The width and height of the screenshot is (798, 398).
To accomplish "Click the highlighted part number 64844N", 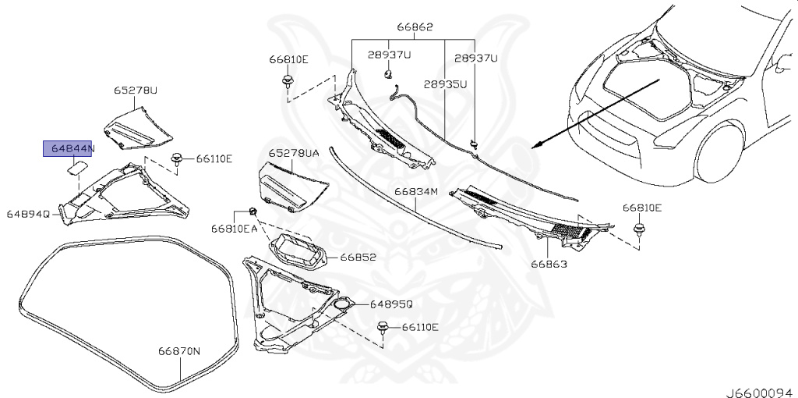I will click(69, 148).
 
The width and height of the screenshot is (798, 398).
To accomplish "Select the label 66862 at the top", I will click(415, 27).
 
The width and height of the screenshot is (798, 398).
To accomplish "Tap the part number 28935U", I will click(445, 84).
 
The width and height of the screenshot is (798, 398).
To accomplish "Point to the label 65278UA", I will click(294, 155).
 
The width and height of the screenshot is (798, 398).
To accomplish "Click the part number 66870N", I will click(180, 351).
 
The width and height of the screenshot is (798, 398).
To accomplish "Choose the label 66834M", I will click(416, 191).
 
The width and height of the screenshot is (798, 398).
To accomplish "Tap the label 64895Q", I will click(391, 304).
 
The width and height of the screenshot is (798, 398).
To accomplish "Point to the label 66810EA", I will click(233, 229).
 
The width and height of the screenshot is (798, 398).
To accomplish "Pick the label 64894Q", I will click(29, 213).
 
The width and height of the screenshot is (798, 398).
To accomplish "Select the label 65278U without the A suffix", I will click(136, 91).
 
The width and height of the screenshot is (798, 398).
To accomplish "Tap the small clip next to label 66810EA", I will click(253, 211).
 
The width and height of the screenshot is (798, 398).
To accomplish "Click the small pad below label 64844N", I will click(78, 165).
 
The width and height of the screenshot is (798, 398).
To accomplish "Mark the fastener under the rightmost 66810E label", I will click(640, 229).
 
